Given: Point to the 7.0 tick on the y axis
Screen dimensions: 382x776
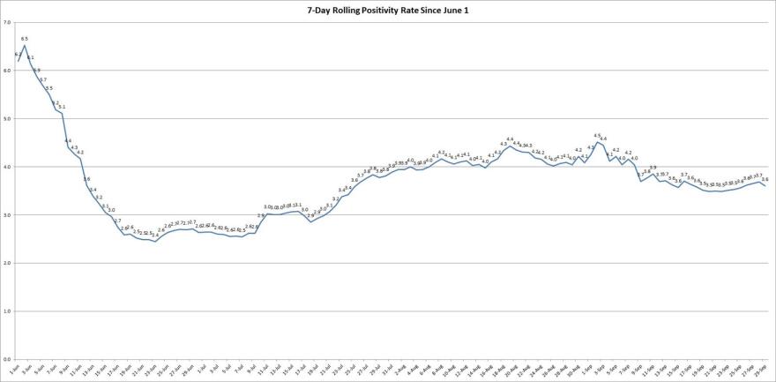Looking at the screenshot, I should tap(7, 21).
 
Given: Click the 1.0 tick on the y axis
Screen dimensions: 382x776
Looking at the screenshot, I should tap(7, 311).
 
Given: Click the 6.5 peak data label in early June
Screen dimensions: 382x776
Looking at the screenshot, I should tap(25, 39).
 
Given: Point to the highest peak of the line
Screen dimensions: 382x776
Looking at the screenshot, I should tap(24, 46).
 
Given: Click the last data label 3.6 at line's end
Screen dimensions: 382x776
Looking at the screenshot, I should tap(765, 179).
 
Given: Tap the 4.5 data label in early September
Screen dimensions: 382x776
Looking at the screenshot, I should tap(597, 135).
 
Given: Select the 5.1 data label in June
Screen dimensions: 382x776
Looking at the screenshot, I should tap(62, 106).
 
